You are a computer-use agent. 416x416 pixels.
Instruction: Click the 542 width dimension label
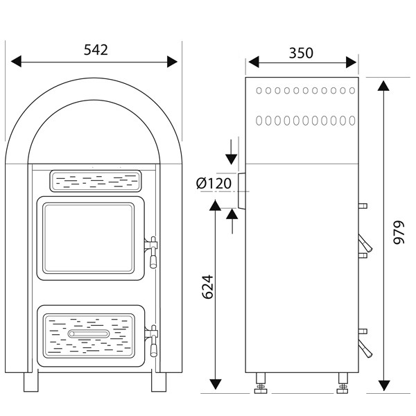point(96,50)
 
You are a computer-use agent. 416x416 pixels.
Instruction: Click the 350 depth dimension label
point(301,53)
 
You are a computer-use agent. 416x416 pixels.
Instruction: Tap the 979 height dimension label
point(399,233)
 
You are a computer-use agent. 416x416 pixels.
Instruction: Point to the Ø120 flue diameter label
point(213,183)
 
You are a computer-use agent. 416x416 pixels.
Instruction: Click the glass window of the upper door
point(88,238)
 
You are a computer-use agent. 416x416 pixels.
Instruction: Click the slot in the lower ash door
point(88,334)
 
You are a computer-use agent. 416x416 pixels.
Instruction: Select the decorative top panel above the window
point(95,180)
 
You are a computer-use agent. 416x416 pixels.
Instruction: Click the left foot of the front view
point(32,381)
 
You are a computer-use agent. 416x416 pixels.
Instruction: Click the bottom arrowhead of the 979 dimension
point(384,385)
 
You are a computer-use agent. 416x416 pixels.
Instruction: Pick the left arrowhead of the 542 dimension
point(15,62)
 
